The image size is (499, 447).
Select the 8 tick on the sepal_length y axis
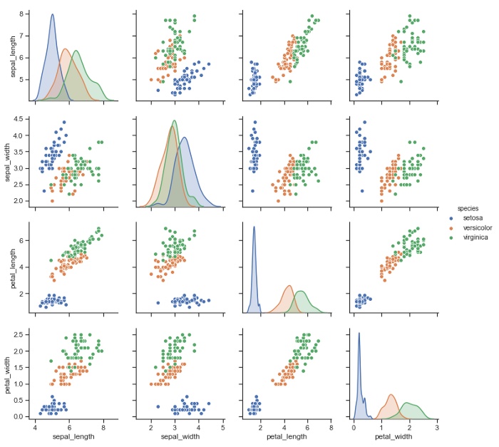click(25, 14)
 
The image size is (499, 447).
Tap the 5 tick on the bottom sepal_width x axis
click(222, 427)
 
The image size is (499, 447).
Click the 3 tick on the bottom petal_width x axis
click(436, 427)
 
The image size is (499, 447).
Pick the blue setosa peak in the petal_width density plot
click(359, 333)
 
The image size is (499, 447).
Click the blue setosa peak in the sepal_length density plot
click(52, 15)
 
